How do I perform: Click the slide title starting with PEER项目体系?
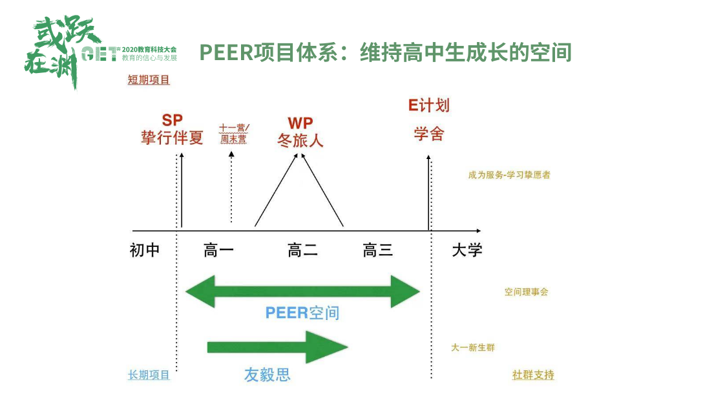pyautogui.click(x=385, y=52)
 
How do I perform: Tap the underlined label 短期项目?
pyautogui.click(x=149, y=80)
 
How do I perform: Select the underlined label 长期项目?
pyautogui.click(x=149, y=375)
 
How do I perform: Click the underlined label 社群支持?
pyautogui.click(x=533, y=375)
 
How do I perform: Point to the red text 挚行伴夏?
pyautogui.click(x=172, y=138)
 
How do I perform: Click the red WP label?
pyautogui.click(x=300, y=122)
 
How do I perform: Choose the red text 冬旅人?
pyautogui.click(x=300, y=140)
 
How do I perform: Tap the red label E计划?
pyautogui.click(x=428, y=105)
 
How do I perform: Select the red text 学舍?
pyautogui.click(x=428, y=134)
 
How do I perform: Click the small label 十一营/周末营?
pyautogui.click(x=233, y=133)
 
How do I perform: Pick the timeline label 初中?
pyautogui.click(x=145, y=250)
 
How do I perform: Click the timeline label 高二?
pyautogui.click(x=302, y=250)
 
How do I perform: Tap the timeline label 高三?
pyautogui.click(x=378, y=250)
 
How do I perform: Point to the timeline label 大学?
pyautogui.click(x=467, y=250)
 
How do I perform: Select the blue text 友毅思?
pyautogui.click(x=267, y=374)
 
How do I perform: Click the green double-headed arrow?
pyautogui.click(x=302, y=292)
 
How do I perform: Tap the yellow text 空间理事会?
pyautogui.click(x=526, y=292)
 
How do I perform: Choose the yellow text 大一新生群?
pyautogui.click(x=472, y=348)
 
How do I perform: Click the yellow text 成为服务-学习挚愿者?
pyautogui.click(x=509, y=175)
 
